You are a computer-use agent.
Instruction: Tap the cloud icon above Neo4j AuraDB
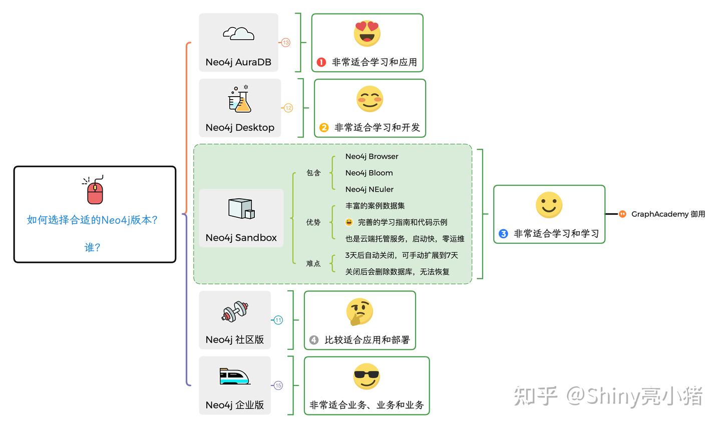point(238,34)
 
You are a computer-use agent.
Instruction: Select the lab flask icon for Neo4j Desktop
point(239,99)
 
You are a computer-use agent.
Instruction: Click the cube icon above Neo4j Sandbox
point(241,209)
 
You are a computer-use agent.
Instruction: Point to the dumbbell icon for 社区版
point(235,312)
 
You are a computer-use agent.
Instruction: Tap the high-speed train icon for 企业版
point(234,376)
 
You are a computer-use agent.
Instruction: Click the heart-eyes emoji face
point(367,34)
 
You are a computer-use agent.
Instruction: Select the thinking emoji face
point(359,311)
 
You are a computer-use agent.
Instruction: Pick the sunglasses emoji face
point(367,376)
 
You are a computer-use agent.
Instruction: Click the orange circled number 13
point(286,43)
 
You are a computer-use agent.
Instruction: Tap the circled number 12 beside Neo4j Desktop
point(288,108)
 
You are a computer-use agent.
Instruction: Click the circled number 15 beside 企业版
point(278,385)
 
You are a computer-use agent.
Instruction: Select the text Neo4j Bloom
point(369,173)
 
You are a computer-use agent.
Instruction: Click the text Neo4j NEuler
point(370,189)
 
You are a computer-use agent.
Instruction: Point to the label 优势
point(313,222)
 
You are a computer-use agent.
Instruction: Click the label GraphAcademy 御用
point(668,214)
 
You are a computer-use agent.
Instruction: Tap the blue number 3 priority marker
point(504,234)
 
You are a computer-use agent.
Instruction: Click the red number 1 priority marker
point(321,63)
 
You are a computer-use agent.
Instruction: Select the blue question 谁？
point(93,247)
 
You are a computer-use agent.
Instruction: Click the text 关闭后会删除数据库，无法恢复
point(398,272)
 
